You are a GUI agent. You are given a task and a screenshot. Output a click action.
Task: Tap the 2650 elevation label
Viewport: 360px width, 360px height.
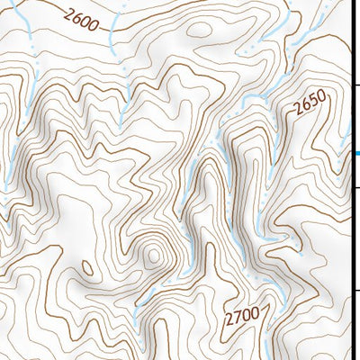click(x=308, y=106)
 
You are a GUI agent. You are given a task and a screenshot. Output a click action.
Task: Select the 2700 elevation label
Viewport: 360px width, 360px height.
click(x=243, y=315)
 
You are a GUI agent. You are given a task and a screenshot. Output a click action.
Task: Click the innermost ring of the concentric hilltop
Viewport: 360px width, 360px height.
click(x=153, y=256)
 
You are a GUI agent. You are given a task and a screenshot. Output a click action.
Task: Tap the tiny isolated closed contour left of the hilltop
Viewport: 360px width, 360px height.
click(x=87, y=267)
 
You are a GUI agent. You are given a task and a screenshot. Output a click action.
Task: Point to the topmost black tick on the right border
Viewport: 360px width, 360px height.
click(x=355, y=84)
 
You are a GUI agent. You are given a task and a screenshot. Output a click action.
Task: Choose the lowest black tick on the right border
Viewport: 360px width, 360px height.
click(x=355, y=290)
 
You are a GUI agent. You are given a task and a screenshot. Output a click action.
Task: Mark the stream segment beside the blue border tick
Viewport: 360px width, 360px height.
click(x=348, y=135)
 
